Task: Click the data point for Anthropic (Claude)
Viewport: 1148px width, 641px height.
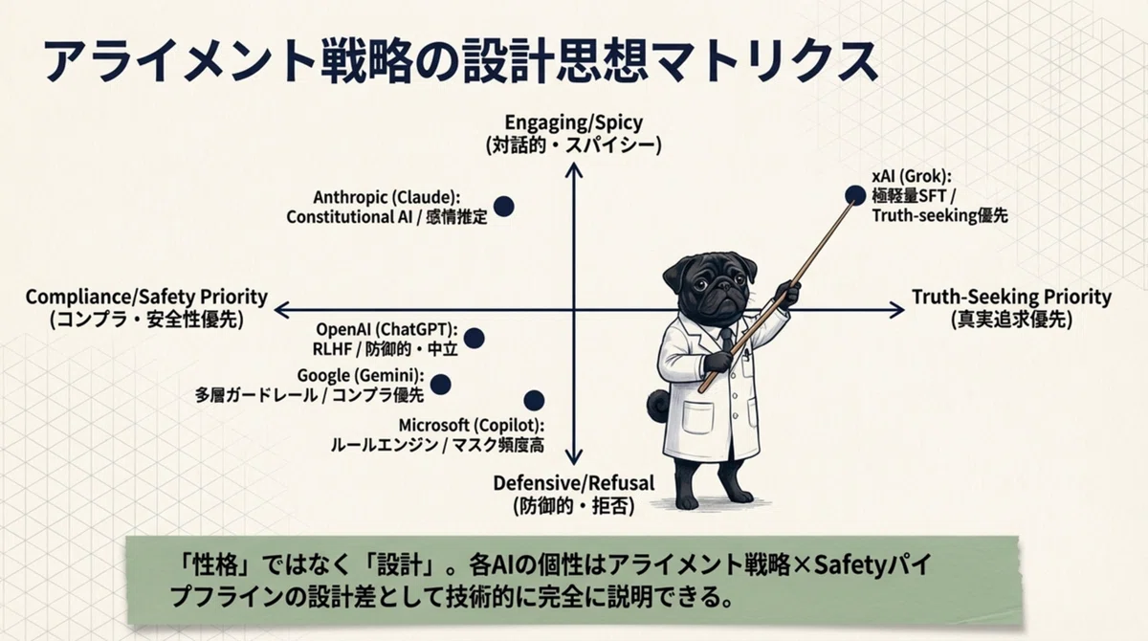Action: tap(504, 207)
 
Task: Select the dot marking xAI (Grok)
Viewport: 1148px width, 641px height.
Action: tap(855, 195)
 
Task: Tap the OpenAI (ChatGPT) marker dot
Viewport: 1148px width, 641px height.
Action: tap(475, 338)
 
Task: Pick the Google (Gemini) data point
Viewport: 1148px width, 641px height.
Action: tap(441, 385)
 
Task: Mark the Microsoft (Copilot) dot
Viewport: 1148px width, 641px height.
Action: tap(534, 400)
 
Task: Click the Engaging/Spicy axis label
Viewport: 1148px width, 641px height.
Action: tap(573, 134)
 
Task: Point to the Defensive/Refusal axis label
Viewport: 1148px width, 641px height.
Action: tap(573, 495)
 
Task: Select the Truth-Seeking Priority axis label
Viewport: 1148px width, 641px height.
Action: tap(1012, 308)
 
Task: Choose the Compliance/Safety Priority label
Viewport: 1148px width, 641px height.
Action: tap(146, 308)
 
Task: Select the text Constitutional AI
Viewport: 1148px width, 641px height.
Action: tap(349, 217)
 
